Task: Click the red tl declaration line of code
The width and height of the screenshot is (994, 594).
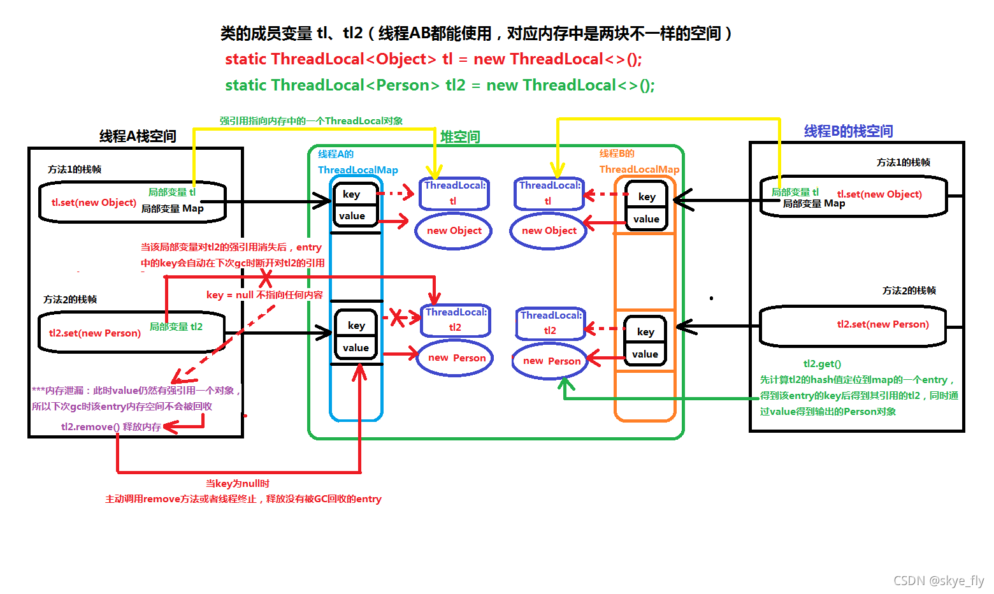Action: pos(433,59)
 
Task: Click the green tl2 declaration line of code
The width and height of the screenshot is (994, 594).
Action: pos(440,85)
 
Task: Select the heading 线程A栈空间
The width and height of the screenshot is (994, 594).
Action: pos(138,136)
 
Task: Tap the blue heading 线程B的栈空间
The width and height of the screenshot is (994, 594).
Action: pos(848,131)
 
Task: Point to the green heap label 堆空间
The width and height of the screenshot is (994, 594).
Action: pos(460,137)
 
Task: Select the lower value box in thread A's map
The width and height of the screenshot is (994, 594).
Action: pos(356,348)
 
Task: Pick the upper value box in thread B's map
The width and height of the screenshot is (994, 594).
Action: pos(646,219)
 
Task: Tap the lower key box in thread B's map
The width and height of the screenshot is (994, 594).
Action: pos(645,331)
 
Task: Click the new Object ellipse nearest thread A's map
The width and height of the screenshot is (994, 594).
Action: pos(454,231)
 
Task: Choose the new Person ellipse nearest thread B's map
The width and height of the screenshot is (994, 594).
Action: pos(551,361)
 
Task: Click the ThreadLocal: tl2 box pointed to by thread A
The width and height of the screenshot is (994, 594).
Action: pos(456,320)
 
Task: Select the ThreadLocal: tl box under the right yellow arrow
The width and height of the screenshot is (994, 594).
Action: pos(549,193)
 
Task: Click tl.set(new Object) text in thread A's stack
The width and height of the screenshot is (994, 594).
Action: pos(94,203)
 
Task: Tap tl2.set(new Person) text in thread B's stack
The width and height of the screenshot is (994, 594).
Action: pos(882,324)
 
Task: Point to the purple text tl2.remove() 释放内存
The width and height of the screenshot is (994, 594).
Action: pos(111,427)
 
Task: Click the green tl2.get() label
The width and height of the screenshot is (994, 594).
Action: pos(822,364)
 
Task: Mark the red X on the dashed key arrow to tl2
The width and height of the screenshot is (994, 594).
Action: pos(398,317)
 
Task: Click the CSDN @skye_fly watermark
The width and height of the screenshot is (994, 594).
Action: pos(938,581)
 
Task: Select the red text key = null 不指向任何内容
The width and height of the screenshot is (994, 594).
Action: pos(264,295)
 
